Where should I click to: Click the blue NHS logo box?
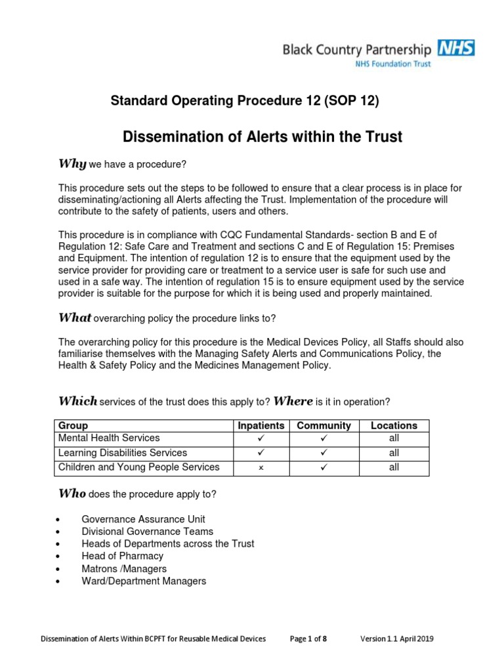[457, 48]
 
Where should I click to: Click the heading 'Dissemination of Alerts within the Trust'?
[262, 137]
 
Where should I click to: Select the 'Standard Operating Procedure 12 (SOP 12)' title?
[245, 100]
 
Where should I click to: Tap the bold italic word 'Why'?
[69, 163]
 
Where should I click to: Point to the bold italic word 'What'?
[75, 318]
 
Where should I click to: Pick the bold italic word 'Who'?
[72, 493]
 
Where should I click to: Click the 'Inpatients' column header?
[261, 426]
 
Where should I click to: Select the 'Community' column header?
[324, 426]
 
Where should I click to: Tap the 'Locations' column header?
[394, 426]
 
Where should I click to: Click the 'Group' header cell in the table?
[73, 426]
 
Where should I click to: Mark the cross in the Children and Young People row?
[261, 468]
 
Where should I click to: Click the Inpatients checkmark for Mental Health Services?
[261, 438]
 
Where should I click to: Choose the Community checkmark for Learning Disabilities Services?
[324, 453]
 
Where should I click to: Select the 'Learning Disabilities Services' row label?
[123, 453]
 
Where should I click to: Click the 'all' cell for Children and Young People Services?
[394, 468]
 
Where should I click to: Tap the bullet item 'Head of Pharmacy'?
[123, 556]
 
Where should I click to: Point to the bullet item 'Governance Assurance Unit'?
[144, 518]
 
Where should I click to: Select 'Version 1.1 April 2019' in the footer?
[396, 639]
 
